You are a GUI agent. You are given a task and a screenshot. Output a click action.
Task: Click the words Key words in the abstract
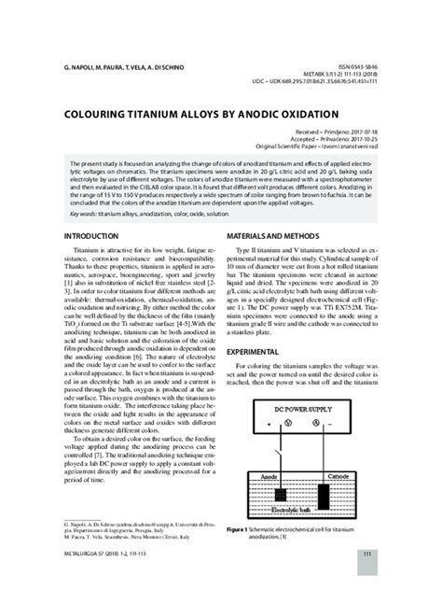[x=88, y=213]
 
